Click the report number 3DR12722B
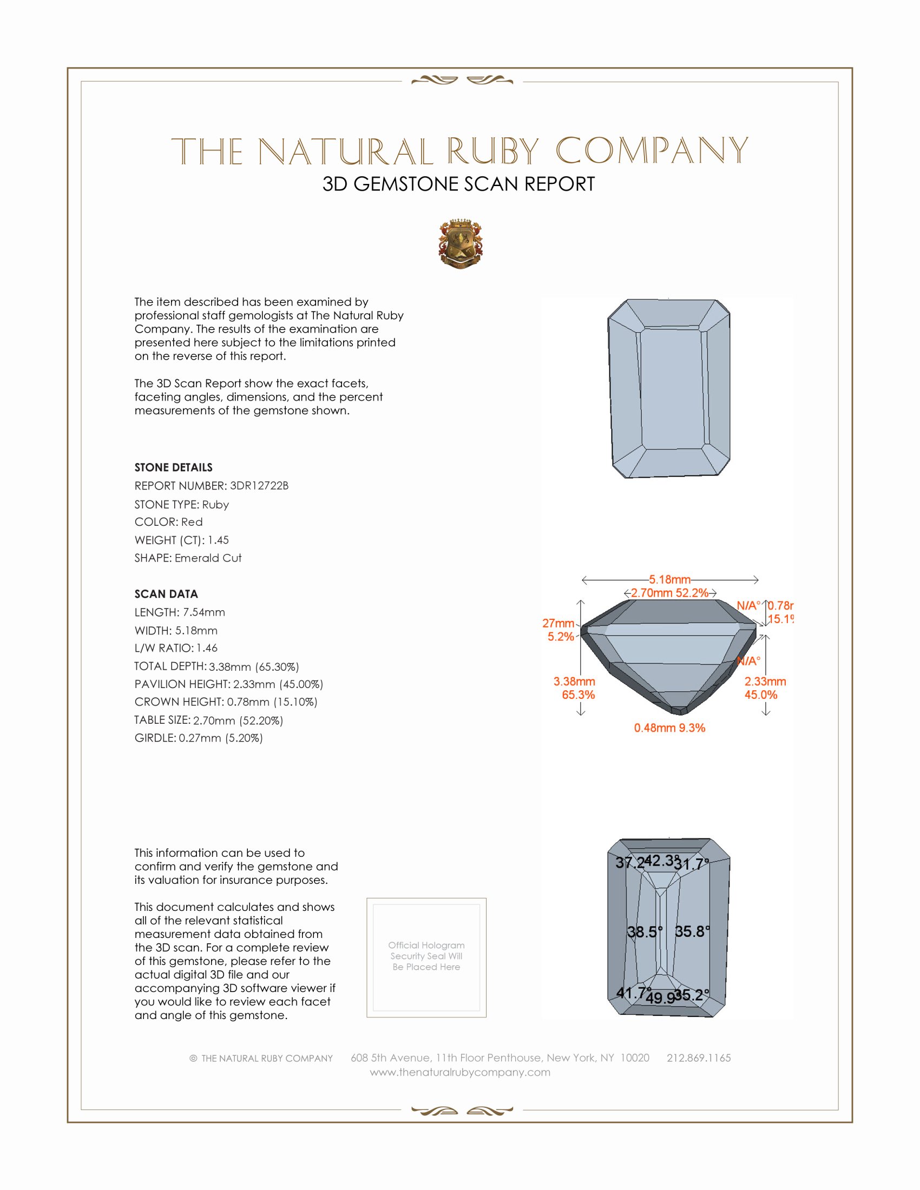[x=259, y=486]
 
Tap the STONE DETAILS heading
[x=173, y=467]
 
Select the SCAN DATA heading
[x=166, y=594]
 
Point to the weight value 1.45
[x=218, y=540]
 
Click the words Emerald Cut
[x=208, y=558]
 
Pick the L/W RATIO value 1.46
[x=207, y=648]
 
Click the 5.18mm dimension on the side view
[x=669, y=579]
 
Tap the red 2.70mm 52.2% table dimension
[x=669, y=593]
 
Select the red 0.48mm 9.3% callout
[x=669, y=728]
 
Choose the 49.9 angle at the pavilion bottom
[x=661, y=997]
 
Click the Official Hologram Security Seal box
[x=426, y=957]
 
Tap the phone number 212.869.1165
[x=698, y=1057]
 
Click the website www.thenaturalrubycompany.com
[x=460, y=1072]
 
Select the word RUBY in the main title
[x=493, y=151]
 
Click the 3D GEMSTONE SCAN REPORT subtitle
[x=458, y=184]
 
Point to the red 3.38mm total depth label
[x=574, y=682]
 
